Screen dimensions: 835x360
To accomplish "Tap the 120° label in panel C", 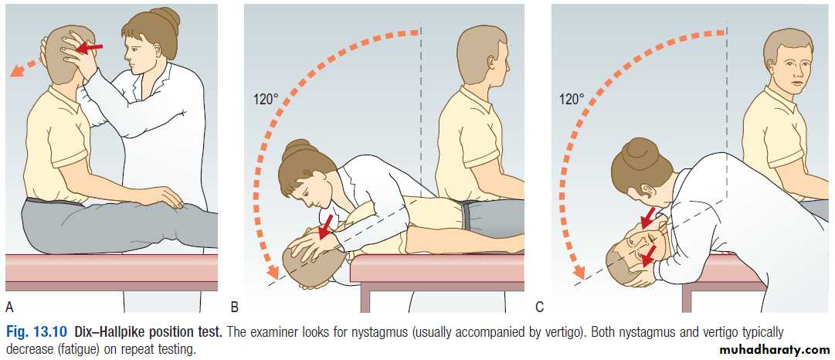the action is click(x=572, y=98).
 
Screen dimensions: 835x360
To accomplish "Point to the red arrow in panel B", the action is click(x=324, y=227).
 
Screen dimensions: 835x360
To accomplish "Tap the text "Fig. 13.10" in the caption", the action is click(x=37, y=333).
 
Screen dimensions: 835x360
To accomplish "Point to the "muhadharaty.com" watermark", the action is click(x=774, y=350).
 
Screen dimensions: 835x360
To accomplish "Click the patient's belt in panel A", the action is click(x=55, y=202).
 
